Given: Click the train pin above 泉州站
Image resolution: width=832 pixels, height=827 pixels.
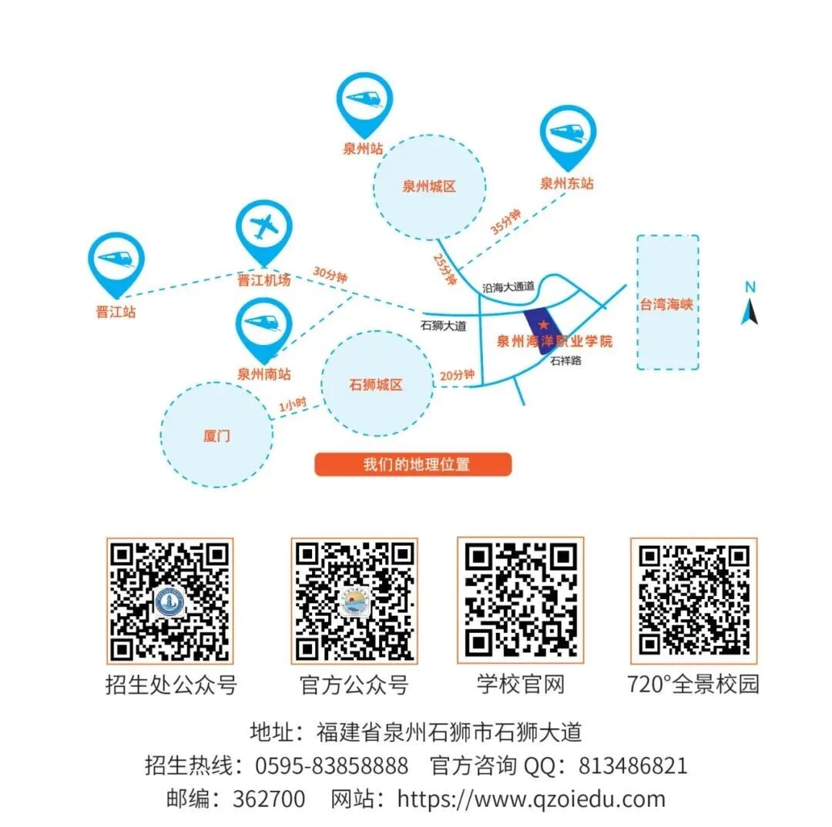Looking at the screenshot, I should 365,99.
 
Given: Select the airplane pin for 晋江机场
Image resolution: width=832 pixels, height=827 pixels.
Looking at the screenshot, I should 265,228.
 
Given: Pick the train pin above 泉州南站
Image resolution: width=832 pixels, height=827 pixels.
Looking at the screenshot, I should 264,326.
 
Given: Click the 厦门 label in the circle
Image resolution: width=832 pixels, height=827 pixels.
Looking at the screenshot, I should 216,437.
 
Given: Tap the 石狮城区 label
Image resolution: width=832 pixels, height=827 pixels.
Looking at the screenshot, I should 376,384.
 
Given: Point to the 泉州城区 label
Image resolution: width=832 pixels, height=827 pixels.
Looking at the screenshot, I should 429,186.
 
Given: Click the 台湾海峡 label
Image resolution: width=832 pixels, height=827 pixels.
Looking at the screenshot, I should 666,304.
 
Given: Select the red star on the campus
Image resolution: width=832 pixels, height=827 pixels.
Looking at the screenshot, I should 544,324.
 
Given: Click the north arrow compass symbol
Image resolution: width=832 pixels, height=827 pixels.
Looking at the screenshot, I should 750,305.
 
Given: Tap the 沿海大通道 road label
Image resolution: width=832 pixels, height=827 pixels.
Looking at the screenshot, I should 507,286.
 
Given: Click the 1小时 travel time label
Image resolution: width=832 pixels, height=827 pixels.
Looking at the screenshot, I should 293,403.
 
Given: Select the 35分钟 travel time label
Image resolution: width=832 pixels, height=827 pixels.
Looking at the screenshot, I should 506,222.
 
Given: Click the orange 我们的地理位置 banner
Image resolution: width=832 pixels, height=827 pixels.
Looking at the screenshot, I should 413,464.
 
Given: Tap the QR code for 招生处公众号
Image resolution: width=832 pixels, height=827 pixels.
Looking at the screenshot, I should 169,601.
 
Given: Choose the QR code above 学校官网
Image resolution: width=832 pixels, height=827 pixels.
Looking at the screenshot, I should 521,601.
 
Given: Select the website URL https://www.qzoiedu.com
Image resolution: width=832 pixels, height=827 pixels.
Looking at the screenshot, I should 531,799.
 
